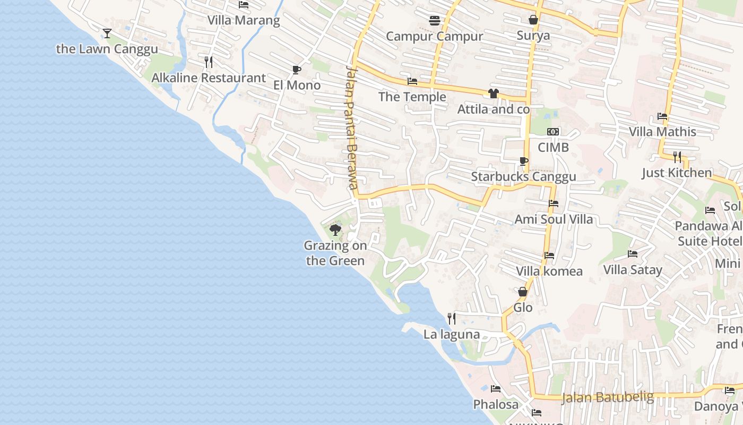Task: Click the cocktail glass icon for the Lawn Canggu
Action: [107, 33]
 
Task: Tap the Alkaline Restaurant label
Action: [209, 78]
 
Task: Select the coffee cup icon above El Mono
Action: [297, 70]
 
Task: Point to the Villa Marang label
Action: [244, 21]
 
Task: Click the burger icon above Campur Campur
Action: [435, 21]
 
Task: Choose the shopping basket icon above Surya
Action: [533, 20]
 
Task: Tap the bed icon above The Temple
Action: [412, 81]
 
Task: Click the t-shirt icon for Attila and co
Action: [494, 93]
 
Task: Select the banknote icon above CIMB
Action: [553, 132]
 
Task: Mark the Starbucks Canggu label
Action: [523, 177]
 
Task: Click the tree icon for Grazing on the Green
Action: [335, 230]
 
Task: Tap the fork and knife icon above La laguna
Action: [452, 319]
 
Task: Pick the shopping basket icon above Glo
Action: [523, 292]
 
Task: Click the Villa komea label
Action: [549, 271]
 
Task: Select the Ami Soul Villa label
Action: [554, 219]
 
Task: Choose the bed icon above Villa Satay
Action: [633, 254]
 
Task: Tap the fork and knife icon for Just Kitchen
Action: [677, 157]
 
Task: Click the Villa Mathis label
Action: [662, 132]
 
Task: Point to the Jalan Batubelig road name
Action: [607, 397]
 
